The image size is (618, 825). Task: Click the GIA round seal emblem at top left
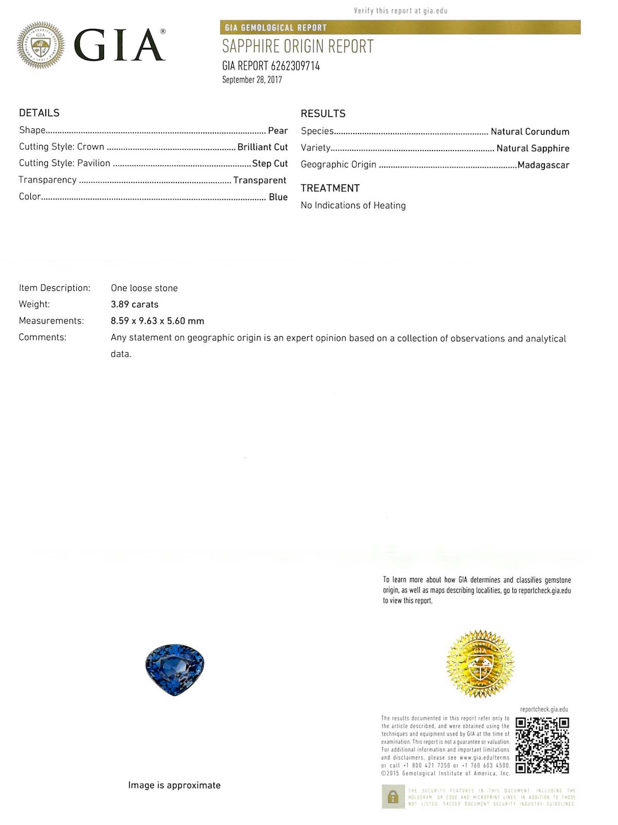point(41,45)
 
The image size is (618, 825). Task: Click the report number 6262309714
point(295,66)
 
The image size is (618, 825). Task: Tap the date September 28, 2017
point(252,80)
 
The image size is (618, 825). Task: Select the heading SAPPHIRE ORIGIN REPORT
point(298,46)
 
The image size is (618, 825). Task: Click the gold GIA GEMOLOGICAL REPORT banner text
point(276,28)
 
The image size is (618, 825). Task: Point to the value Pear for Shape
point(278,130)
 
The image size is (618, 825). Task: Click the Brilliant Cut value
point(262,147)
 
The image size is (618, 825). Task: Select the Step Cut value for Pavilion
point(270,163)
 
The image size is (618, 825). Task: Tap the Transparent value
point(260,180)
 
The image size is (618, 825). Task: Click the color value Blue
point(278,197)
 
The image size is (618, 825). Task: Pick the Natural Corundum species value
point(529,131)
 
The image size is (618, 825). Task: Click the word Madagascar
point(543,165)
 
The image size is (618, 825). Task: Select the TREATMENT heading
point(330,188)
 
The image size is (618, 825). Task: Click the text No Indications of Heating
point(353,205)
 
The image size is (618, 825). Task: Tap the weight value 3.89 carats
point(134,304)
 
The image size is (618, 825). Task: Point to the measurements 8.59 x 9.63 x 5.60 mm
point(157,321)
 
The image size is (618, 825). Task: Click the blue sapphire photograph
point(175,669)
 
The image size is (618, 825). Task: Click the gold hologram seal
point(480,664)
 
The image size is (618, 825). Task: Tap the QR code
point(542,745)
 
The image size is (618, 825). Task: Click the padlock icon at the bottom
point(393,797)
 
